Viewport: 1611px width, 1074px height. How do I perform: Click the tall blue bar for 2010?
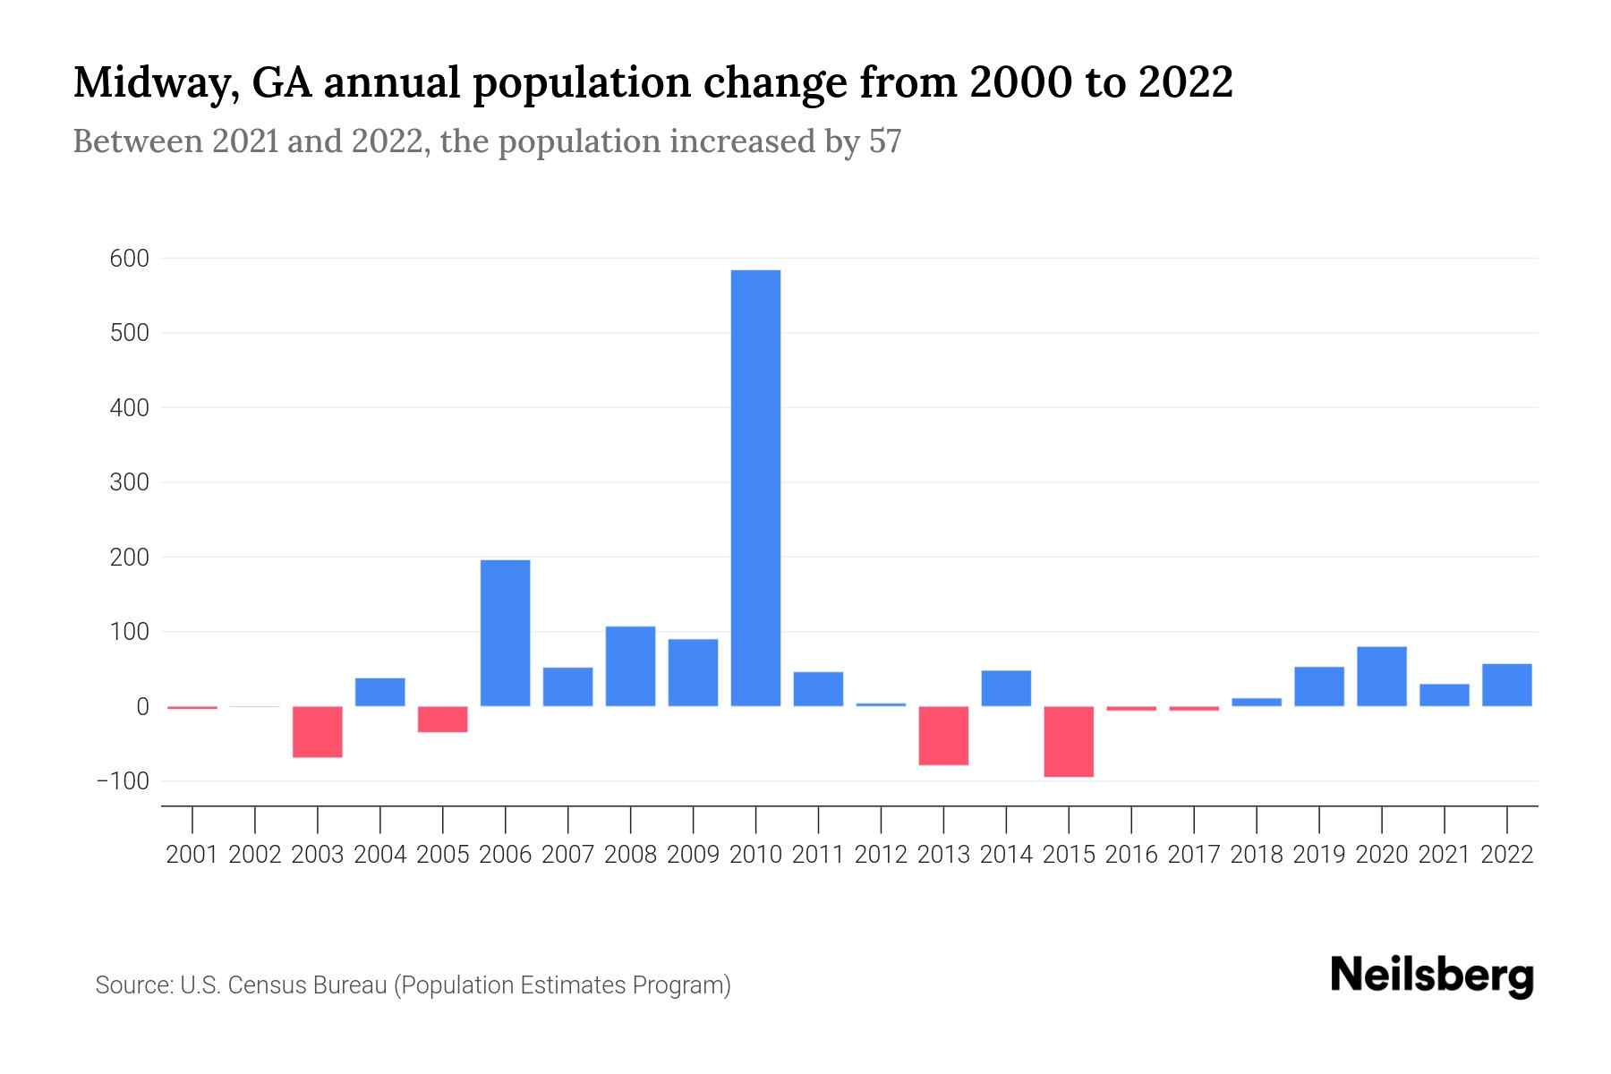coord(755,488)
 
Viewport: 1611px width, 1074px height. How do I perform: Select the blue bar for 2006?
coord(505,633)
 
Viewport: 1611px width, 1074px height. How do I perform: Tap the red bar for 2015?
coord(1069,741)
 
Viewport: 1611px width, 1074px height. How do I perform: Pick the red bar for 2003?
coord(318,731)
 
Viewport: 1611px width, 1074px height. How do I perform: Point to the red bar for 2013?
coord(943,735)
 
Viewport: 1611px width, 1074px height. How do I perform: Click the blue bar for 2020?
coord(1381,676)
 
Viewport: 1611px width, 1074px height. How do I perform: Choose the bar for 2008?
coord(630,666)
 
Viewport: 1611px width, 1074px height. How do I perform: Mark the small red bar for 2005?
coord(442,719)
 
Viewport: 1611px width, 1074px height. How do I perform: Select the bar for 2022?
coord(1506,685)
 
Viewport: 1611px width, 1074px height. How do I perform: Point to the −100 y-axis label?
coord(123,781)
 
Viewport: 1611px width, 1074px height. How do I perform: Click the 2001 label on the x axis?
coord(192,855)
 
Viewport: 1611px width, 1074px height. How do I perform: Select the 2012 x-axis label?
coord(881,855)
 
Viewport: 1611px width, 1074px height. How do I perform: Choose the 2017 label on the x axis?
coord(1193,855)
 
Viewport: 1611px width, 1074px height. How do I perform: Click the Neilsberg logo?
coord(1431,976)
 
